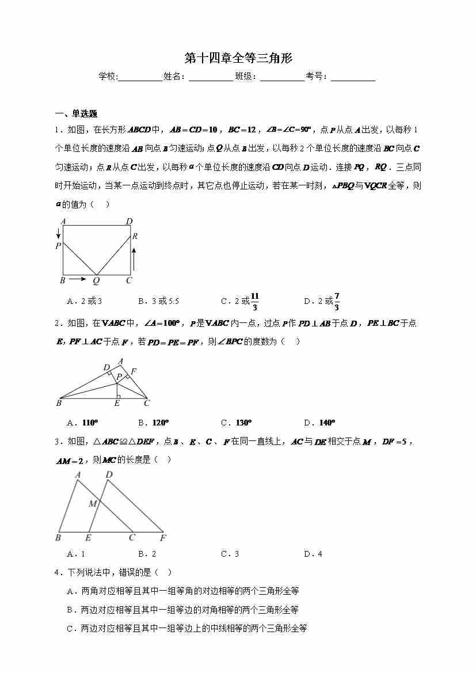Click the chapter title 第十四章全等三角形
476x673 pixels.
[x=238, y=58]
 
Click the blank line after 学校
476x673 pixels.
[x=140, y=78]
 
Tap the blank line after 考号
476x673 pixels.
[x=353, y=78]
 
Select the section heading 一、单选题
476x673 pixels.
[x=75, y=113]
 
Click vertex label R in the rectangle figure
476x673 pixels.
[x=135, y=236]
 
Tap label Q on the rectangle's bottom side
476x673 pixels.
[x=96, y=281]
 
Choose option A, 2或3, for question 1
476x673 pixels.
[x=84, y=301]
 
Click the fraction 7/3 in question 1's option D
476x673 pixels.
[x=337, y=301]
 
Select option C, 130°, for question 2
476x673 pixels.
[x=236, y=423]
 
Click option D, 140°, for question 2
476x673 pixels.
[x=319, y=423]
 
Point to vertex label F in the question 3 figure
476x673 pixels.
[x=163, y=538]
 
